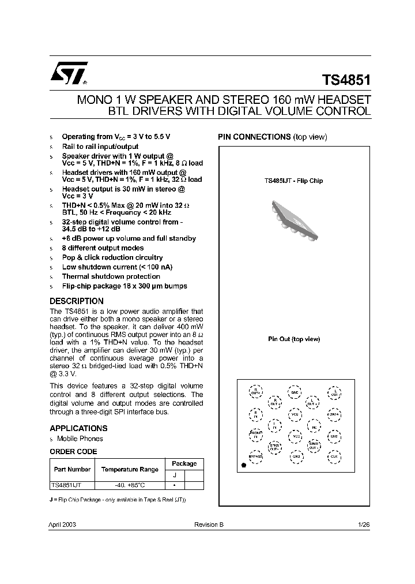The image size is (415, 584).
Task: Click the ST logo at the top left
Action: pos(68,73)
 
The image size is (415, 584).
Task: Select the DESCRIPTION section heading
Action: pos(77,301)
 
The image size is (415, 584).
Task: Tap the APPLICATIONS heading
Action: pos(78,428)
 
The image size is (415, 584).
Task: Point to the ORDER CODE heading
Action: pos(73,452)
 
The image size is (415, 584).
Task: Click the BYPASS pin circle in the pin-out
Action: pos(256,456)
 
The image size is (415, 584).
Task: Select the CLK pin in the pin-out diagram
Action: pos(334,456)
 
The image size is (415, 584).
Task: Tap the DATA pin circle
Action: pos(334,414)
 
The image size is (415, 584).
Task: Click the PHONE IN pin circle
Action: pos(256,435)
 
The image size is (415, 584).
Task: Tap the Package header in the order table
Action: pos(184,463)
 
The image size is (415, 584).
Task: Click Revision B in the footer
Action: pos(209,525)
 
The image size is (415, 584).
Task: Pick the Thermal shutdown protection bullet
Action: pos(111,276)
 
